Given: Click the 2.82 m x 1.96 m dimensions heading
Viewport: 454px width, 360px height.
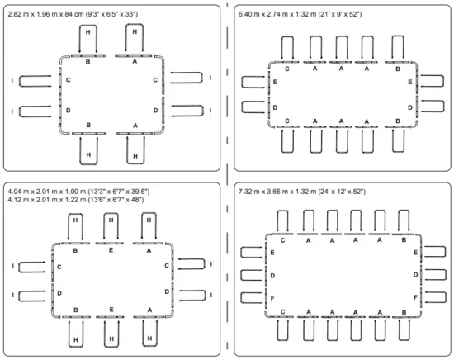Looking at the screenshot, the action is (x=73, y=14).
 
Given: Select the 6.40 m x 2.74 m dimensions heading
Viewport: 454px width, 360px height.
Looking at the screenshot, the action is (x=300, y=14).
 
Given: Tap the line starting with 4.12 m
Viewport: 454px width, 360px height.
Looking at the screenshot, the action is (x=76, y=200).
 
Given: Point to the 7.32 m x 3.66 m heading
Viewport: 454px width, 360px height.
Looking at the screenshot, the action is (x=302, y=192).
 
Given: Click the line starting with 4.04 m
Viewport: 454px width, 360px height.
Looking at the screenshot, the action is (x=78, y=192).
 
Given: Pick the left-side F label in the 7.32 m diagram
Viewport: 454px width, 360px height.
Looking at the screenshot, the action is (x=272, y=298).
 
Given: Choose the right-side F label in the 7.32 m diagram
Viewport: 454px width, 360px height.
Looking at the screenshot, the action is (x=415, y=297).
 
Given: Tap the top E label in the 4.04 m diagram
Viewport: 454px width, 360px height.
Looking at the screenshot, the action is (x=111, y=250).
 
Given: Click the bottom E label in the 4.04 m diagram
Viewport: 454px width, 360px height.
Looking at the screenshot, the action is (x=111, y=310).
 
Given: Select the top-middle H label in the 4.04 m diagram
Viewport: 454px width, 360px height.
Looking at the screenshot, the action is (x=111, y=220).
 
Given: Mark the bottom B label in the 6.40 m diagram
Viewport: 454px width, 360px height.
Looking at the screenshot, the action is (x=398, y=121).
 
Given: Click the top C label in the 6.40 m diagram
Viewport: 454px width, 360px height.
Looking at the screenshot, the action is (x=287, y=69).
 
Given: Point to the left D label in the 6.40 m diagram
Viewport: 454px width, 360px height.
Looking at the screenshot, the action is (x=275, y=107).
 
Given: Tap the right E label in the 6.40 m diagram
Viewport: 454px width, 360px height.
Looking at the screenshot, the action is (x=410, y=82).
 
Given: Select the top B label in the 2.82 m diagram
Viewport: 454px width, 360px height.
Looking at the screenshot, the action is (x=87, y=62).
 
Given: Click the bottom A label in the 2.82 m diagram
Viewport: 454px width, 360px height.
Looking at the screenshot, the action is (x=135, y=126).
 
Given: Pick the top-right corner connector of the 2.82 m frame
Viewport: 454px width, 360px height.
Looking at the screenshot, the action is (x=161, y=58).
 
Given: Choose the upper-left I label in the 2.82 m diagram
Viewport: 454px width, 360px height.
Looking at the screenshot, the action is (x=12, y=81).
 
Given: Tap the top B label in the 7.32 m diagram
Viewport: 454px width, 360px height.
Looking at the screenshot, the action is (x=404, y=240).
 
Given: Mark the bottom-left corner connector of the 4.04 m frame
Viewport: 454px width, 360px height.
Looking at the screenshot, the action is (x=54, y=315).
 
